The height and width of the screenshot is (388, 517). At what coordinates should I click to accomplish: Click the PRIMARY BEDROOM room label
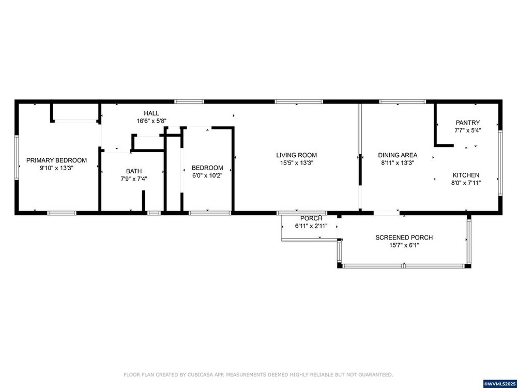point(56,160)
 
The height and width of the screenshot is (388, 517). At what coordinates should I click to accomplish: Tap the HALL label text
point(151,113)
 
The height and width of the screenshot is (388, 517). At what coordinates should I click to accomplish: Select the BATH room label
point(134,171)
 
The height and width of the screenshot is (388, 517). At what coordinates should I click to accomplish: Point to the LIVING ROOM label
point(296,155)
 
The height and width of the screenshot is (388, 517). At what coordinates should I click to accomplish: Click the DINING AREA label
point(398,155)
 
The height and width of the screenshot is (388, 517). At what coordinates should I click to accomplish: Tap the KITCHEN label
point(466,175)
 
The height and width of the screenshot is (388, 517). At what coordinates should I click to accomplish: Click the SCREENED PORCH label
point(404,237)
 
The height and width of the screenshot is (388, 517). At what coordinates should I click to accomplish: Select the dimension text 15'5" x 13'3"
point(296,162)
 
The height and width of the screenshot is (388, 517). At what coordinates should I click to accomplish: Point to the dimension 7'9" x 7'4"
point(134,179)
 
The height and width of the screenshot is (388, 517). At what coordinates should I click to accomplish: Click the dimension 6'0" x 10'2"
point(207,175)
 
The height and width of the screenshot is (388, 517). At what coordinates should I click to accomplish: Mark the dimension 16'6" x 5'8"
point(151,121)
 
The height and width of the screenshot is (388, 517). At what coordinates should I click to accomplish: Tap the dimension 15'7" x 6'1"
point(404,245)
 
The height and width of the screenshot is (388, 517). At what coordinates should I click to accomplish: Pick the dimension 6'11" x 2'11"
point(311,227)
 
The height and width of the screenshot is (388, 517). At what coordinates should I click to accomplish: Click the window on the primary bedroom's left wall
point(17,158)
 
